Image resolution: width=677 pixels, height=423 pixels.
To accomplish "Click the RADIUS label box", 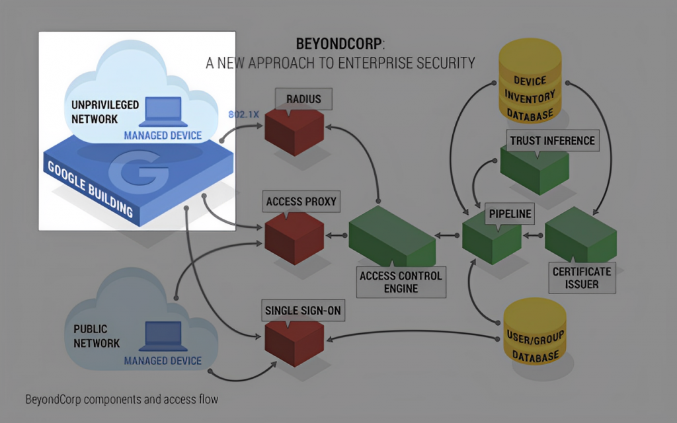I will (x=303, y=100).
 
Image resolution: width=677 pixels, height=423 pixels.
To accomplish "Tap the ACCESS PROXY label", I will (x=301, y=202).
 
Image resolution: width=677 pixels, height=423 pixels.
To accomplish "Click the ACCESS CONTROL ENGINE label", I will (x=401, y=282).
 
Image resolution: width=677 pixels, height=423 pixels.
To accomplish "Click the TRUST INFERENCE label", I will (x=552, y=141).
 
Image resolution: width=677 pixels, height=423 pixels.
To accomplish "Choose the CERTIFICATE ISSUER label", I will (x=582, y=278).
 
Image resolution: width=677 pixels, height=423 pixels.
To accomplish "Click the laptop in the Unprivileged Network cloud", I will (x=161, y=112).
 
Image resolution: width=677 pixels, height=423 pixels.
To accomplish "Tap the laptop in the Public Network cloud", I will (x=161, y=336).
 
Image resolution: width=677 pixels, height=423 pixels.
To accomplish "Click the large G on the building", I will (x=139, y=174).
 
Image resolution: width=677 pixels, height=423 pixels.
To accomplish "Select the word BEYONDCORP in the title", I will (x=339, y=45).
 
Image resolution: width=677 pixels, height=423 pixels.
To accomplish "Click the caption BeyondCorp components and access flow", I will (x=122, y=400).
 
